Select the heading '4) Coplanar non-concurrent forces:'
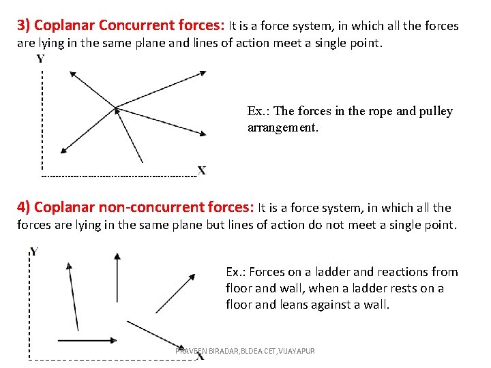pyautogui.click(x=136, y=207)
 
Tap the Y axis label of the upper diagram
pyautogui.click(x=41, y=59)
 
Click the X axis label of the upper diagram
pyautogui.click(x=202, y=170)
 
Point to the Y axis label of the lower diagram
pyautogui.click(x=33, y=252)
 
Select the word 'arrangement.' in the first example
pyautogui.click(x=282, y=127)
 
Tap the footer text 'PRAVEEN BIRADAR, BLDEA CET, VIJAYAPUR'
pyautogui.click(x=245, y=350)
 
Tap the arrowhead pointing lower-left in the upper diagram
pyautogui.click(x=63, y=151)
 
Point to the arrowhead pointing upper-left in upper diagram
pyautogui.click(x=74, y=72)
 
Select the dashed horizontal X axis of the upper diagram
pyautogui.click(x=119, y=176)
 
